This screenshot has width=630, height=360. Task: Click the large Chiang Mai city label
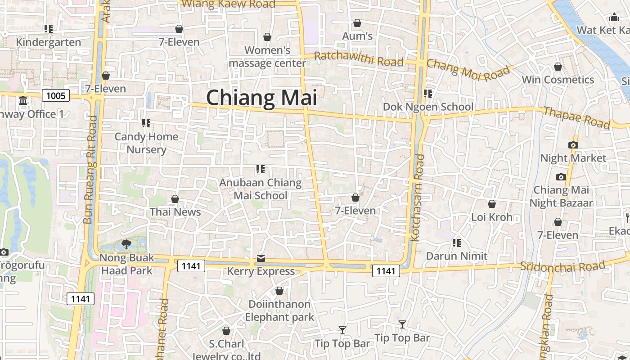pyautogui.click(x=261, y=98)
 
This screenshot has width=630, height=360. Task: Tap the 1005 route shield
pyautogui.click(x=56, y=95)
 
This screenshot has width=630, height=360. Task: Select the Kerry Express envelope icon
pyautogui.click(x=261, y=258)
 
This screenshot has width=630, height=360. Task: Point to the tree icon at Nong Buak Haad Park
pyautogui.click(x=126, y=244)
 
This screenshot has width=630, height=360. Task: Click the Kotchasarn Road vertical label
pyautogui.click(x=418, y=198)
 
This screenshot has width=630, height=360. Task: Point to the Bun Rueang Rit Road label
pyautogui.click(x=90, y=170)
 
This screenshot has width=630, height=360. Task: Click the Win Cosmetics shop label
pyautogui.click(x=558, y=80)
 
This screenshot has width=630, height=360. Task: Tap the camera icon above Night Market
pyautogui.click(x=573, y=145)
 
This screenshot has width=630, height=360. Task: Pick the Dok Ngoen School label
pyautogui.click(x=428, y=107)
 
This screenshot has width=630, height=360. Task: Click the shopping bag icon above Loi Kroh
pyautogui.click(x=492, y=204)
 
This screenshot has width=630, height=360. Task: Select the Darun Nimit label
pyautogui.click(x=457, y=256)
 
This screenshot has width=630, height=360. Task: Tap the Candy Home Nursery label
pyautogui.click(x=146, y=143)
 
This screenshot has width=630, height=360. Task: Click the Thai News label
pyautogui.click(x=175, y=212)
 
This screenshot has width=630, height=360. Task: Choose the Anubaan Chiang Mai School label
pyautogui.click(x=260, y=189)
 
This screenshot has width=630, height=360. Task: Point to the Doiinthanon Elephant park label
pyautogui.click(x=279, y=310)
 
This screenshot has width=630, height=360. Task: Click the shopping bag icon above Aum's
pyautogui.click(x=357, y=23)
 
